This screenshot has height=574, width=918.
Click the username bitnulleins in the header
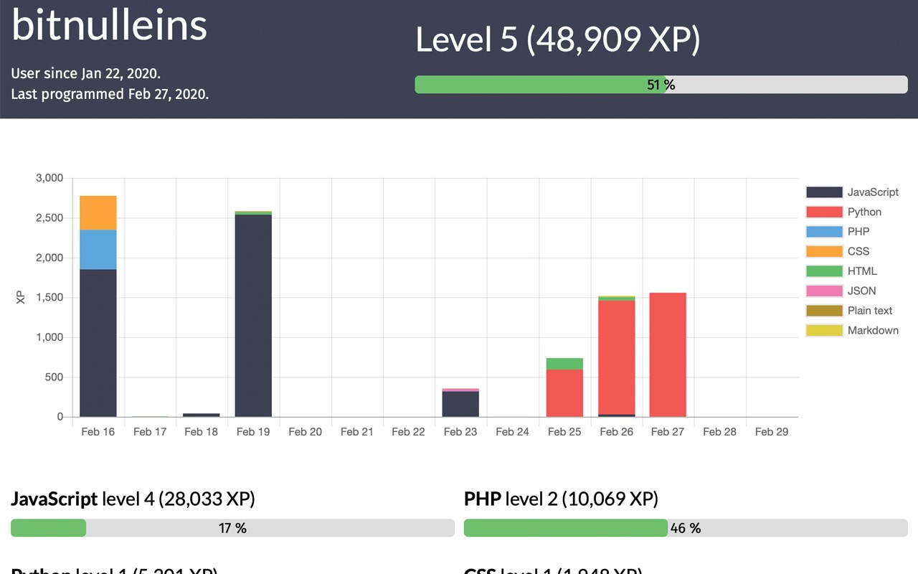[x=109, y=25]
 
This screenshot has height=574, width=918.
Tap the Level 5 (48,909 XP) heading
[x=557, y=39]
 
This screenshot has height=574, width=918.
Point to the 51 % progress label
[x=661, y=85]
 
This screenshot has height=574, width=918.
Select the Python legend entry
[x=843, y=212]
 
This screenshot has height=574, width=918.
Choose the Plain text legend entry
[x=849, y=311]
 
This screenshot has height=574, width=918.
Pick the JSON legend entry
[x=843, y=291]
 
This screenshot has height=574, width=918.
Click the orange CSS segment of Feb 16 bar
[x=98, y=212]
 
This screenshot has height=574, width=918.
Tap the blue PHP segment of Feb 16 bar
[x=98, y=250]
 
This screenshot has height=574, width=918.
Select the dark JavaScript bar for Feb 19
[x=253, y=316]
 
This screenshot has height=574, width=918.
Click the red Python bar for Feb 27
[x=668, y=354]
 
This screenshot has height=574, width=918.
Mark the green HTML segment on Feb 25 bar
[x=564, y=364]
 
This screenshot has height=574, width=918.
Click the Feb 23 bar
[x=460, y=403]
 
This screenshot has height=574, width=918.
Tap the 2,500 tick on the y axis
[x=49, y=218]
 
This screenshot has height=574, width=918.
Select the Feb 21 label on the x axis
[x=357, y=431]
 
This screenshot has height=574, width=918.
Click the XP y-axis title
[x=21, y=298]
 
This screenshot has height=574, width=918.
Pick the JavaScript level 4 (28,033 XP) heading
[x=133, y=498]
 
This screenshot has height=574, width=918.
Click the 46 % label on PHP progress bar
[x=685, y=528]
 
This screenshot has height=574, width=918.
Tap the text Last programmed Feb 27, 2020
[x=110, y=94]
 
